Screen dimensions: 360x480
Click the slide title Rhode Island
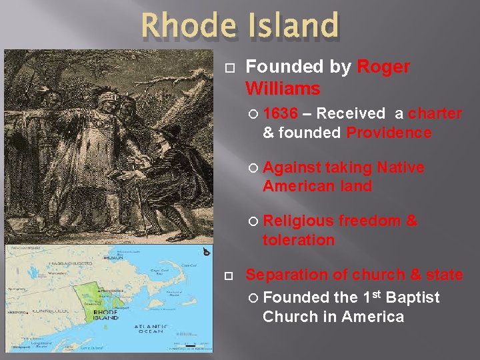pos(240,27)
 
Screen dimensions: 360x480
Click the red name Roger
pos(383,67)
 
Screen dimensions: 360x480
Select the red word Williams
pos(283,88)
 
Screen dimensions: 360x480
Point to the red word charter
pos(435,114)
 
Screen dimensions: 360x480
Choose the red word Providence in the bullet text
pos(389,133)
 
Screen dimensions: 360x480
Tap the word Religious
pos(298,221)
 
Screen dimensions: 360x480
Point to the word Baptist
pos(413,297)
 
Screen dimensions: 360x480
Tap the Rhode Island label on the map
pos(105,314)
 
